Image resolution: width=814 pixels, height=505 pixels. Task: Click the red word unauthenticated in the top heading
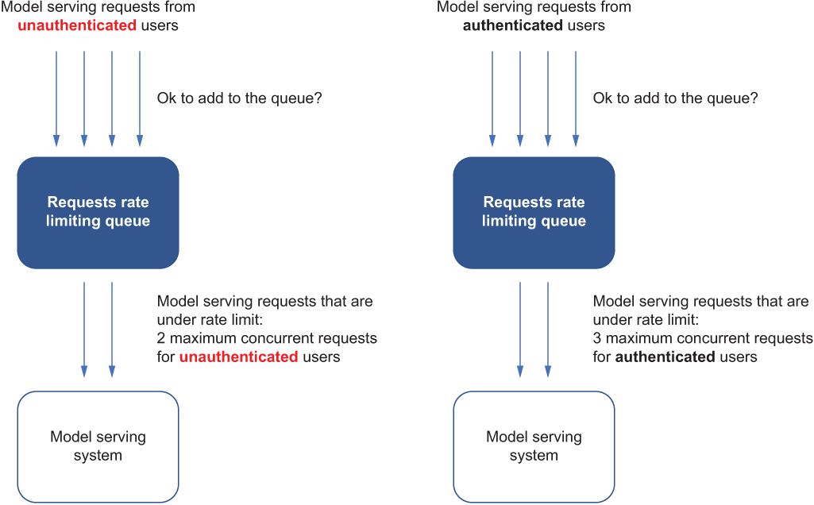[x=77, y=25]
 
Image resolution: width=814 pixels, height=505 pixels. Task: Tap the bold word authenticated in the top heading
[x=513, y=25]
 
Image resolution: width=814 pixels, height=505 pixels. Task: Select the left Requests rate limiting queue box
[x=98, y=213]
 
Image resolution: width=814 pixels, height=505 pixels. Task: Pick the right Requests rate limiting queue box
[x=534, y=213]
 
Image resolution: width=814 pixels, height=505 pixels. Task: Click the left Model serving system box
[x=98, y=447]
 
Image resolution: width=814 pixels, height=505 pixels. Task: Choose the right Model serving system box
[x=534, y=447]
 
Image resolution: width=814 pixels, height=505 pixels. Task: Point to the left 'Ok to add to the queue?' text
[x=239, y=98]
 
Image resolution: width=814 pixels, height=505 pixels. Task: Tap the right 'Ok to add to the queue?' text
[x=675, y=98]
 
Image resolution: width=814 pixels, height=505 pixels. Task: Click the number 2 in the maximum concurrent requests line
[x=161, y=338]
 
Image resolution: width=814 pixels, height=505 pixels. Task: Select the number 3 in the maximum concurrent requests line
[x=597, y=338]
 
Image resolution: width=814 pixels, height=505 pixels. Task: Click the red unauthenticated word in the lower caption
[x=239, y=357]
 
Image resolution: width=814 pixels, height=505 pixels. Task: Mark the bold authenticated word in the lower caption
[x=665, y=357]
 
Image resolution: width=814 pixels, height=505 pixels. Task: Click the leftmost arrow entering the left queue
[x=56, y=98]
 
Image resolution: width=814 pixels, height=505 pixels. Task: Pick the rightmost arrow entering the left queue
[x=140, y=98]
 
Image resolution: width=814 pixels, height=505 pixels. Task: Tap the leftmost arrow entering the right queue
[x=492, y=98]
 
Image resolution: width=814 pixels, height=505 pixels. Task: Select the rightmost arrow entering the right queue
[x=576, y=98]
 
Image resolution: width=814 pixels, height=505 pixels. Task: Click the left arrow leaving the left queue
[x=84, y=330]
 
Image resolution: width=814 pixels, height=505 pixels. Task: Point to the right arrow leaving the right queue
[x=548, y=330]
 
